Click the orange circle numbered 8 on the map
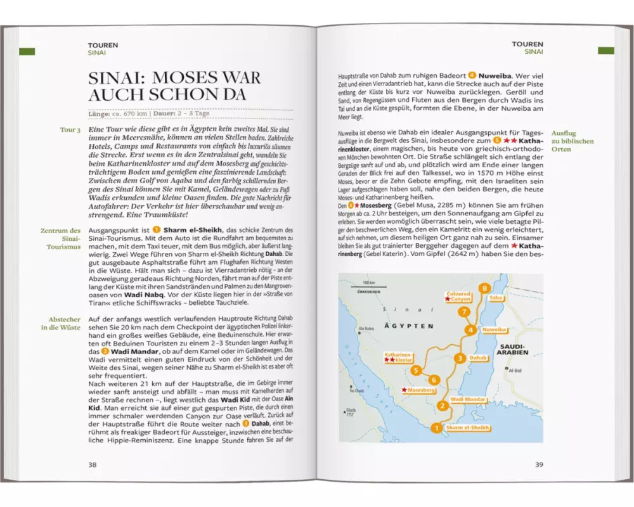point(485,288)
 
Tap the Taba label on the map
point(496,297)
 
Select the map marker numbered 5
point(416,370)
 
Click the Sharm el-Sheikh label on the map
point(467,428)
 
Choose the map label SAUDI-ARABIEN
point(512,349)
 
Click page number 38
point(93,464)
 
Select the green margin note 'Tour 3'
point(70,130)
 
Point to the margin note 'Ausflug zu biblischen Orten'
point(573,137)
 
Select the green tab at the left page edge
point(27,51)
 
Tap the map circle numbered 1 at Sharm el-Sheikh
point(436,428)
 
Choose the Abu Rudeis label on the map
point(366,328)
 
